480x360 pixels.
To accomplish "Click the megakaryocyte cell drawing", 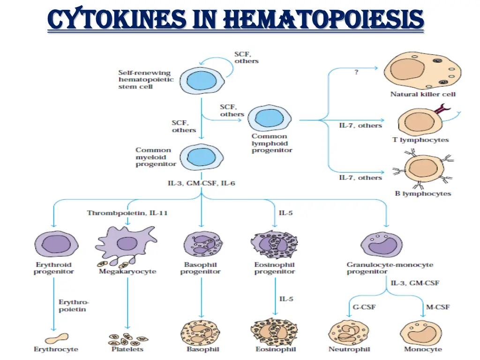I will (x=125, y=244).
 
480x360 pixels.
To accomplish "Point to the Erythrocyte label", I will (x=56, y=349).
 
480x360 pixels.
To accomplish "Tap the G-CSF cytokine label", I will (x=363, y=307).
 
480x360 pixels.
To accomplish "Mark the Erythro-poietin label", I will (x=73, y=306).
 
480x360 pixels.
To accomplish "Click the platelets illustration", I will (x=128, y=338).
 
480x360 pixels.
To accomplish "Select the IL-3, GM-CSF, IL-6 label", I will (x=201, y=183).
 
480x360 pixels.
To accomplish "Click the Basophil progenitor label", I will (x=201, y=268).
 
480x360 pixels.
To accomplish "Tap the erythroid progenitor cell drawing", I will (x=53, y=244).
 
